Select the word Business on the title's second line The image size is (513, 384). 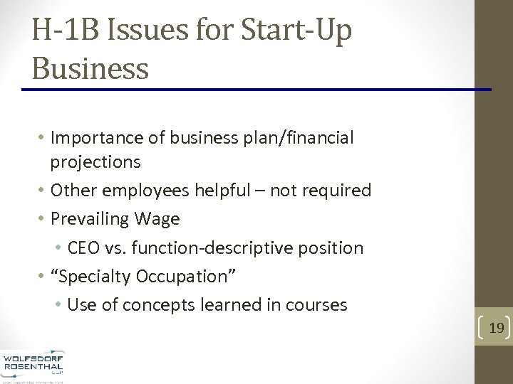[x=90, y=68]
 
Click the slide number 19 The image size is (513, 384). [x=497, y=328]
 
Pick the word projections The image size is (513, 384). [x=95, y=162]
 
